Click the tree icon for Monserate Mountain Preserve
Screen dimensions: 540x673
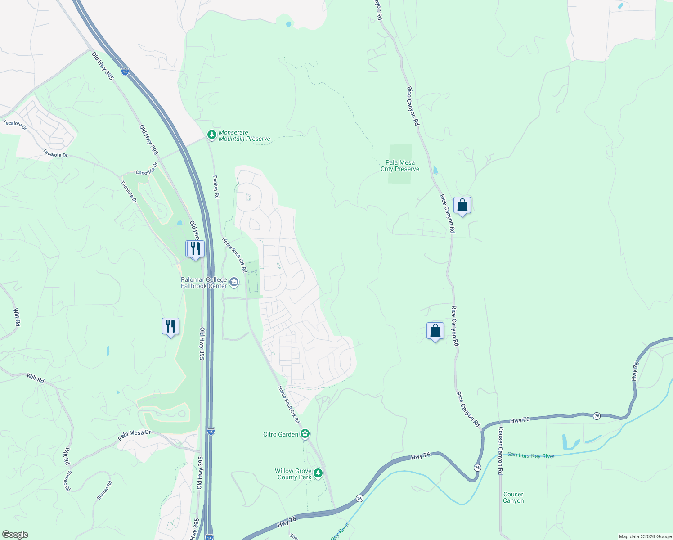[x=212, y=135]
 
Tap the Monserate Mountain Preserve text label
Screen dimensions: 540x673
[x=244, y=135]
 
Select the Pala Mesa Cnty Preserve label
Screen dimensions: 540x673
[x=400, y=166]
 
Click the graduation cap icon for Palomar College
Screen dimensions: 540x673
[x=234, y=282]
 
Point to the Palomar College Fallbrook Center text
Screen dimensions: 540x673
[x=204, y=283]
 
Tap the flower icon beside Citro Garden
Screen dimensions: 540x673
[x=305, y=434]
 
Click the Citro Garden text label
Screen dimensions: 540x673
[x=281, y=434]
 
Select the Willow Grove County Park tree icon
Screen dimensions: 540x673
[x=318, y=473]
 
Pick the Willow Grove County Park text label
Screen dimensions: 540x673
[x=293, y=474]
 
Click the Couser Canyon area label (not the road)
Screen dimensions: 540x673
[x=513, y=497]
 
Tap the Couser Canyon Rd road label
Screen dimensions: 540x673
[x=500, y=450]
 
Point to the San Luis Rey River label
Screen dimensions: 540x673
[x=531, y=455]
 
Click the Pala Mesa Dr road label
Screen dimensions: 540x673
[x=134, y=435]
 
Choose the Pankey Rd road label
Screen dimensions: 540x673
[x=216, y=187]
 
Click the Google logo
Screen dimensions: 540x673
[x=15, y=535]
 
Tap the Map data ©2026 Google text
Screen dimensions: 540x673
[x=645, y=536]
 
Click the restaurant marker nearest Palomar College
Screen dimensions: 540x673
[x=195, y=249]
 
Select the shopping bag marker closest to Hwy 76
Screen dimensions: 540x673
[x=435, y=331]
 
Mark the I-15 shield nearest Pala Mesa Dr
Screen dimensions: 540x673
[x=211, y=431]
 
